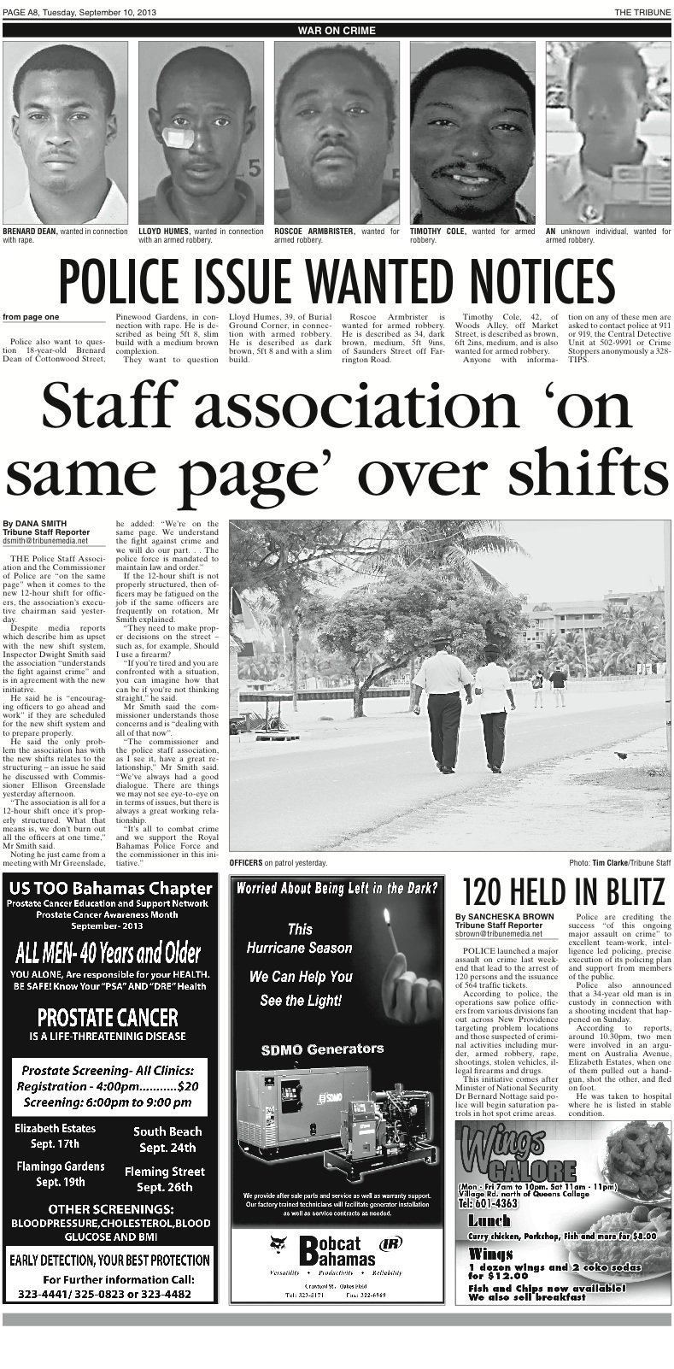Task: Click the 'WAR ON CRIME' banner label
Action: pyautogui.click(x=337, y=31)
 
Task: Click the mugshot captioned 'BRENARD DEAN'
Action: pyautogui.click(x=66, y=132)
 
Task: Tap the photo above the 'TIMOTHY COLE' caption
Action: pyautogui.click(x=472, y=132)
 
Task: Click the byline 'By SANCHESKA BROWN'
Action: pyautogui.click(x=505, y=917)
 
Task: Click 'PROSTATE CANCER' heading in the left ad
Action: pyautogui.click(x=108, y=1018)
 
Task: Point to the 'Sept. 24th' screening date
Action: pyautogui.click(x=168, y=1148)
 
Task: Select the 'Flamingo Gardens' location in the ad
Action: pyautogui.click(x=61, y=1166)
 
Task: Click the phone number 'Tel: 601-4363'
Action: pyautogui.click(x=489, y=1202)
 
